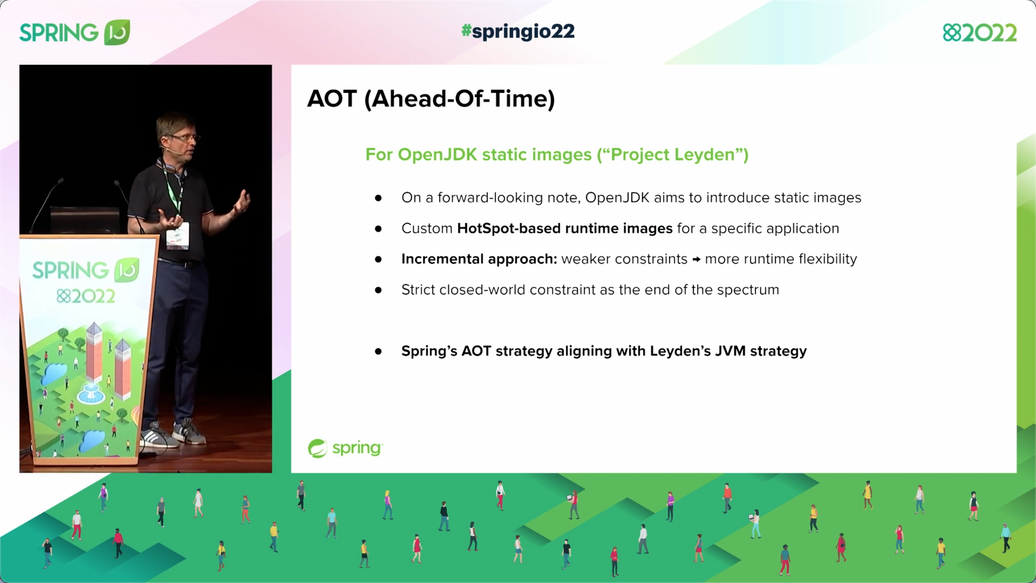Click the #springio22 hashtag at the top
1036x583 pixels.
[x=518, y=32]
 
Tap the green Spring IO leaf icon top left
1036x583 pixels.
[x=117, y=32]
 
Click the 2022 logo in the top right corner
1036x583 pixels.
[x=979, y=33]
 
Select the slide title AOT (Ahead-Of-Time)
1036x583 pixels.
[x=431, y=99]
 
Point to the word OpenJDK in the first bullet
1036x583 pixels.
[x=617, y=197]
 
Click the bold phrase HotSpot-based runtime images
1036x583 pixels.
[x=564, y=228]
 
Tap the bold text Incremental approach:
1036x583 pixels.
[x=479, y=259]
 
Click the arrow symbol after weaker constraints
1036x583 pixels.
[x=696, y=259]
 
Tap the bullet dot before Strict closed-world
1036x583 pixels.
[x=378, y=290]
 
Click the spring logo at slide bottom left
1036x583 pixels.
[x=345, y=448]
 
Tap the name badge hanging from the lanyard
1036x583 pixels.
[x=178, y=235]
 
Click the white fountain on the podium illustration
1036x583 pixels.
[x=91, y=393]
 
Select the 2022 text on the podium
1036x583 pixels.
[x=86, y=296]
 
